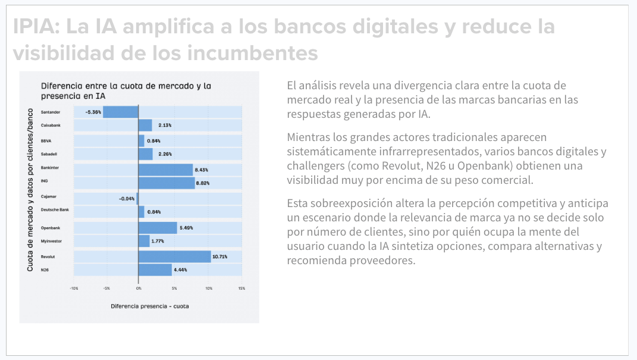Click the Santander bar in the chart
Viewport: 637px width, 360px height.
click(x=121, y=112)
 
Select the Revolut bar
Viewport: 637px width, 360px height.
click(x=174, y=256)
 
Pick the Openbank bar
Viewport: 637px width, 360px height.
click(x=158, y=228)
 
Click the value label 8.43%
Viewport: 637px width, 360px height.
click(x=202, y=170)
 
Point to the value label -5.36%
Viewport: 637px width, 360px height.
click(x=93, y=112)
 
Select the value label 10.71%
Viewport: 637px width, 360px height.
click(x=219, y=256)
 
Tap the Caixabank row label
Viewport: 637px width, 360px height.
click(x=52, y=126)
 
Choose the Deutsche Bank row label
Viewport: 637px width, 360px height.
click(x=55, y=210)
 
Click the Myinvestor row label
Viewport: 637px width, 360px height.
click(x=52, y=241)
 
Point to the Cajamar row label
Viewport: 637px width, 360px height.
click(x=49, y=196)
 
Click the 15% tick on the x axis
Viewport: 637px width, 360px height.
click(x=241, y=289)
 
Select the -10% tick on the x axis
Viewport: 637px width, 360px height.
click(x=74, y=289)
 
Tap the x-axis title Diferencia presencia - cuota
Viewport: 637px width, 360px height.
click(x=149, y=306)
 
